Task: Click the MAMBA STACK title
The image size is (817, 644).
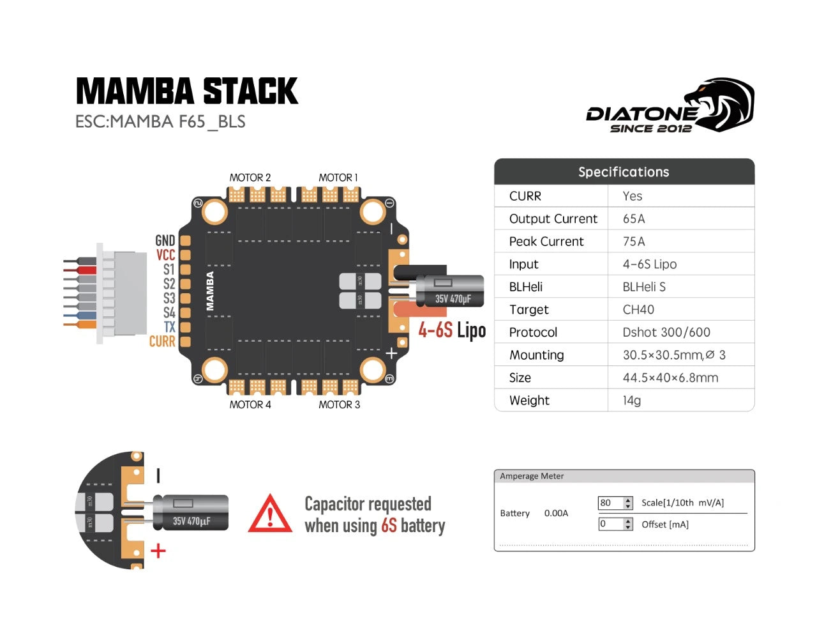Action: [x=186, y=91]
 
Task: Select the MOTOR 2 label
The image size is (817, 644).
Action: [x=250, y=178]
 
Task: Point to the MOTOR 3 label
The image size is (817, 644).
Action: [x=339, y=404]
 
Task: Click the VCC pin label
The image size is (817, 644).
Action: [x=165, y=255]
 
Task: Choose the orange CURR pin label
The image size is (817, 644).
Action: [x=162, y=342]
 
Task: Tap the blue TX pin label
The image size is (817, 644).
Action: [x=169, y=327]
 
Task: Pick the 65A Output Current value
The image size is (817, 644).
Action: [x=634, y=219]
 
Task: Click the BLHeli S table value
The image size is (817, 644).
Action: [x=644, y=287]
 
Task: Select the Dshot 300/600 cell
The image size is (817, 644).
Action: [x=666, y=332]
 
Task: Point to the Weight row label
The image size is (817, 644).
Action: [x=529, y=401]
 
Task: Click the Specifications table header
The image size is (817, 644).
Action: [x=624, y=172]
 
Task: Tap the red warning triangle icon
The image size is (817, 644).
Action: [x=270, y=514]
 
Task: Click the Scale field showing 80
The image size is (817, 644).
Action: [x=610, y=503]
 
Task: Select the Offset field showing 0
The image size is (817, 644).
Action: [x=610, y=524]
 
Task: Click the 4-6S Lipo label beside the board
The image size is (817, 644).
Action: [x=452, y=330]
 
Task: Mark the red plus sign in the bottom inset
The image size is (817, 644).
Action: [x=158, y=550]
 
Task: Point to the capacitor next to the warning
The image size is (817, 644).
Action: [x=191, y=512]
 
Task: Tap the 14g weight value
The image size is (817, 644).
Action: [x=632, y=401]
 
